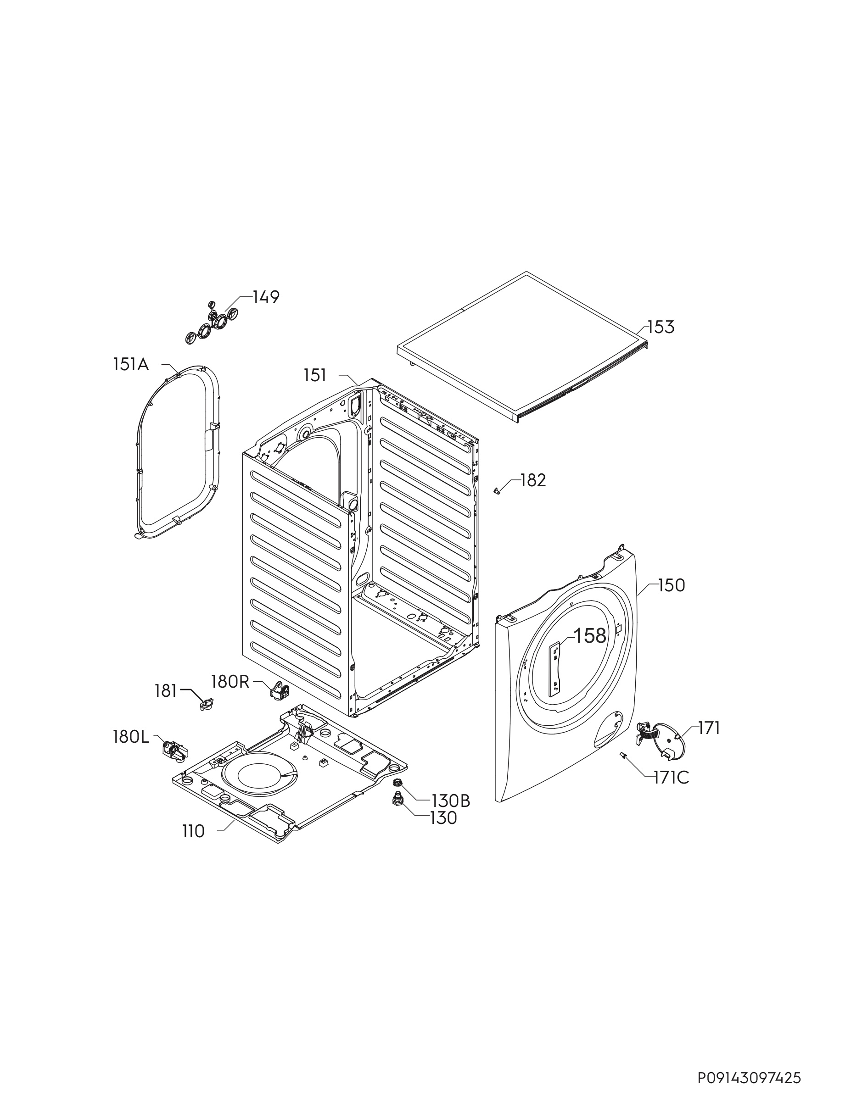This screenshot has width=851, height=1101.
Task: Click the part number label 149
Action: [x=266, y=297]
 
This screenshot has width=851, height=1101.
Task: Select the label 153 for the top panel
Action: [x=661, y=327]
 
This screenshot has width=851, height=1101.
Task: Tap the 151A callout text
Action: [x=131, y=365]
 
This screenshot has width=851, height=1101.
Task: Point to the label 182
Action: [x=533, y=480]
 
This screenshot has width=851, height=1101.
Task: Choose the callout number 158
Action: [x=590, y=636]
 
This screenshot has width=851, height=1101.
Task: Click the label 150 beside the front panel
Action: [x=672, y=585]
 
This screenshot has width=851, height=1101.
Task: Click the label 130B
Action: [x=450, y=801]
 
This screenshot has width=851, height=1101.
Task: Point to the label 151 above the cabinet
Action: [x=315, y=375]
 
